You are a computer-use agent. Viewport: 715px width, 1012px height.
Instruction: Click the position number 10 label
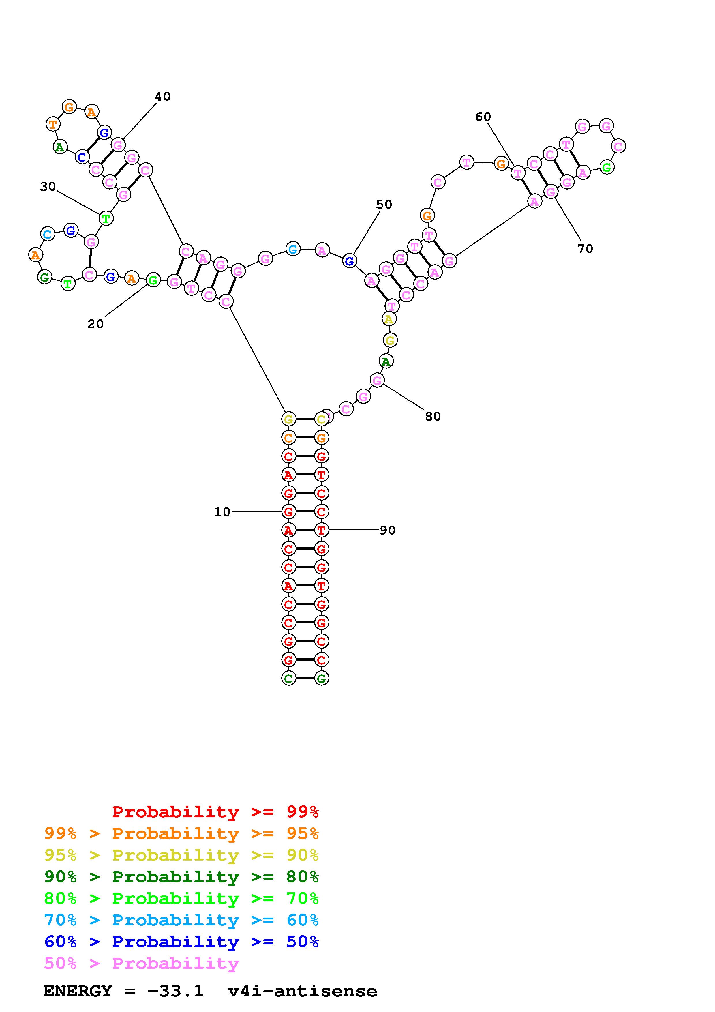tap(222, 512)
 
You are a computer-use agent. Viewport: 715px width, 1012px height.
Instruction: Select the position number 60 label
tap(483, 117)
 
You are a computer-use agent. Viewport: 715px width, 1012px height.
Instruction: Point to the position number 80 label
tap(433, 417)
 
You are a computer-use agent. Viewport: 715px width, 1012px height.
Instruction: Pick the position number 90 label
tap(387, 530)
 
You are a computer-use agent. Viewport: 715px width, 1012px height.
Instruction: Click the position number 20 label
tap(95, 324)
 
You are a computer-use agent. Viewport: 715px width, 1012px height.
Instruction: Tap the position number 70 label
tap(585, 249)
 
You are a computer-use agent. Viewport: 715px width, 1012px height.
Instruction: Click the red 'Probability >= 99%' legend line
tap(215, 812)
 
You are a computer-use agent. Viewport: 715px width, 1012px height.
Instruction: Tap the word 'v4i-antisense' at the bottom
tap(302, 991)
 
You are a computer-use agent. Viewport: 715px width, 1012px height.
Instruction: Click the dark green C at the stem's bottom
tap(288, 678)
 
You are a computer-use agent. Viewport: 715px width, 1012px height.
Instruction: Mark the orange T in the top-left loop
tap(53, 124)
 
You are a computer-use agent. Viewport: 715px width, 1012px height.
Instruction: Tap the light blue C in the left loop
tap(48, 234)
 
